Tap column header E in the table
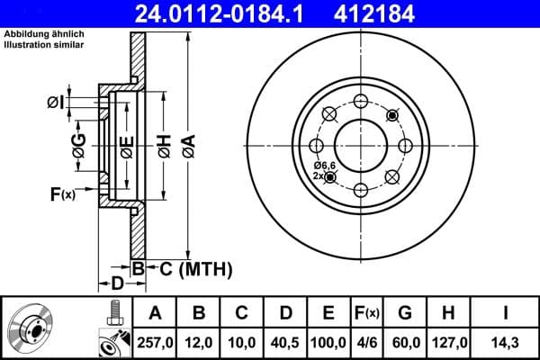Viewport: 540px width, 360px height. pyautogui.click(x=328, y=313)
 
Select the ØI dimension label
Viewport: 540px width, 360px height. pyautogui.click(x=56, y=103)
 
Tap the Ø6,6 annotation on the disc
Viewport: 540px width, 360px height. pyautogui.click(x=324, y=166)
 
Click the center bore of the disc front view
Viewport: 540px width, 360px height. pyautogui.click(x=360, y=144)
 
